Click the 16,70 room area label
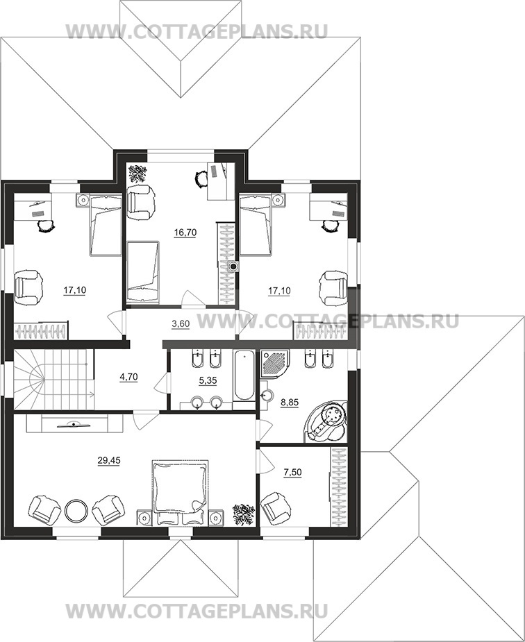pos(185,233)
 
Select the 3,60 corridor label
pos(180,324)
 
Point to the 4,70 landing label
pos(128,377)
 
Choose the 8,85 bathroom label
pos(290,403)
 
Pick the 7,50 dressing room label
pos(292,473)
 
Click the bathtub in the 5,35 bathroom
pos(244,375)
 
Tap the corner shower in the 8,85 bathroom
pos(275,364)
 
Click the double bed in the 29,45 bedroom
pos(181,492)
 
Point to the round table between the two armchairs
pos(76,509)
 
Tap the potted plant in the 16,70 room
pos(137,174)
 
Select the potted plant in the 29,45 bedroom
pos(243,514)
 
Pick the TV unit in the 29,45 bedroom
pos(74,424)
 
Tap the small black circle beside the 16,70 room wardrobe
pos(233,267)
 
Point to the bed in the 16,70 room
pos(142,272)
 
